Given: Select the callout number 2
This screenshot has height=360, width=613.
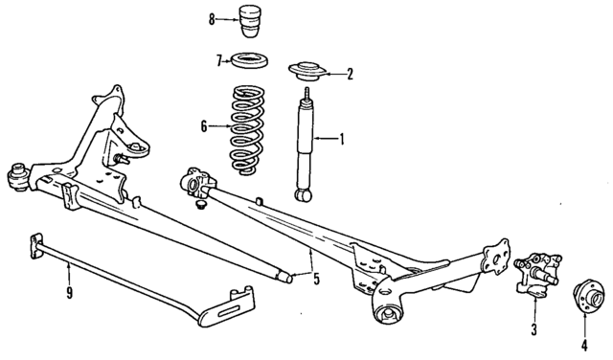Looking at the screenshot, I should point(350,72).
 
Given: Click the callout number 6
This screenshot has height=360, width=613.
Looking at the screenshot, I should point(203,124).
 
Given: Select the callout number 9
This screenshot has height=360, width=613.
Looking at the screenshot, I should point(70,292).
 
